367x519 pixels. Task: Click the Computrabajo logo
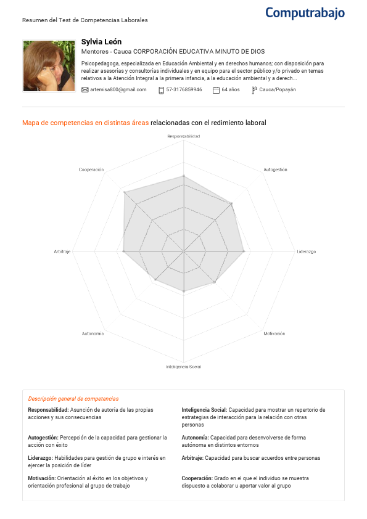305,12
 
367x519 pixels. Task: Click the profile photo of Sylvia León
49,66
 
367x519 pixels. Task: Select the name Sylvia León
101,41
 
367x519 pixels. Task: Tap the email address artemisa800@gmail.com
118,89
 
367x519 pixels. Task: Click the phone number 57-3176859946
184,89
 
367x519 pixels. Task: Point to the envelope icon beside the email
85,89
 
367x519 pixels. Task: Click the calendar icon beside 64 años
216,89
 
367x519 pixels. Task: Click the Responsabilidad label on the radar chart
184,135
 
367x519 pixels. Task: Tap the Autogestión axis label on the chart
275,169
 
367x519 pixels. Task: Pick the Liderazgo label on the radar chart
307,251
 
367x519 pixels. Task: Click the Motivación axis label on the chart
274,333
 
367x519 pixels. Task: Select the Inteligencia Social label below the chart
184,367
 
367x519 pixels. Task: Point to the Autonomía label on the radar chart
93,333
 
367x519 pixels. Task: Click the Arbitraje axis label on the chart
62,251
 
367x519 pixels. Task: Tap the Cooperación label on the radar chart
91,169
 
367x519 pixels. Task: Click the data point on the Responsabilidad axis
184,176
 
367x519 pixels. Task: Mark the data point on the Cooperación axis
125,193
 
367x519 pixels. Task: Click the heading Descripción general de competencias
73,399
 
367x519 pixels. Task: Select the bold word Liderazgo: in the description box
40,458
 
